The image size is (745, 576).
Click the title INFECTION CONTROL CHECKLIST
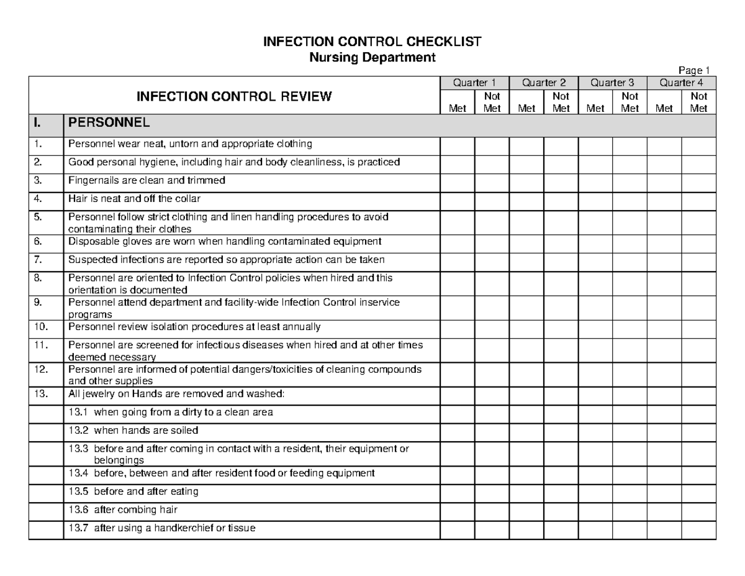click(372, 42)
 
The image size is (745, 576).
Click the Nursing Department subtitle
click(372, 58)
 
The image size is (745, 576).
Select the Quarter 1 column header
click(474, 83)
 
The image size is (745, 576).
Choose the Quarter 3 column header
click(612, 83)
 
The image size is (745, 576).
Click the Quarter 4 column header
click(681, 83)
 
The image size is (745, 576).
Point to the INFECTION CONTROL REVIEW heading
click(234, 96)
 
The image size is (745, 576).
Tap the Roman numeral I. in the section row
click(40, 121)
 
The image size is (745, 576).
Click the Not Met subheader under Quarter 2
click(561, 103)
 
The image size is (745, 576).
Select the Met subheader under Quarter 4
click(664, 109)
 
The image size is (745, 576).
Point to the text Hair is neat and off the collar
click(134, 199)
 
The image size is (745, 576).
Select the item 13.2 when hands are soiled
click(133, 430)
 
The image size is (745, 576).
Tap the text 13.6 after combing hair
click(123, 510)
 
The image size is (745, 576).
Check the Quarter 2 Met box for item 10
click(526, 327)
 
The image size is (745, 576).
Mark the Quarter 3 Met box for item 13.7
click(595, 529)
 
